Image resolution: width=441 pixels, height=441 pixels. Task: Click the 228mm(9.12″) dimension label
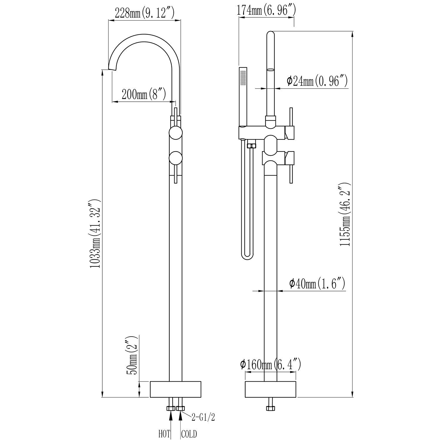145,13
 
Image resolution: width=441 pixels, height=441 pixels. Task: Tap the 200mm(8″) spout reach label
144,95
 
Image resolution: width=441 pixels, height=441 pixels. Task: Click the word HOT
165,434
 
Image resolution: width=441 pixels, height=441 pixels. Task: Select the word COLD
189,434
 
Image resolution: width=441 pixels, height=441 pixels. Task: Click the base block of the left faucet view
176,390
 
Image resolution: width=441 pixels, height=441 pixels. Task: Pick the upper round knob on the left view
176,133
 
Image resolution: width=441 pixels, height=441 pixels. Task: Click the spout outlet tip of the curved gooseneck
113,69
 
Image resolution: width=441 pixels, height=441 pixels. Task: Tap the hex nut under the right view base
270,408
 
